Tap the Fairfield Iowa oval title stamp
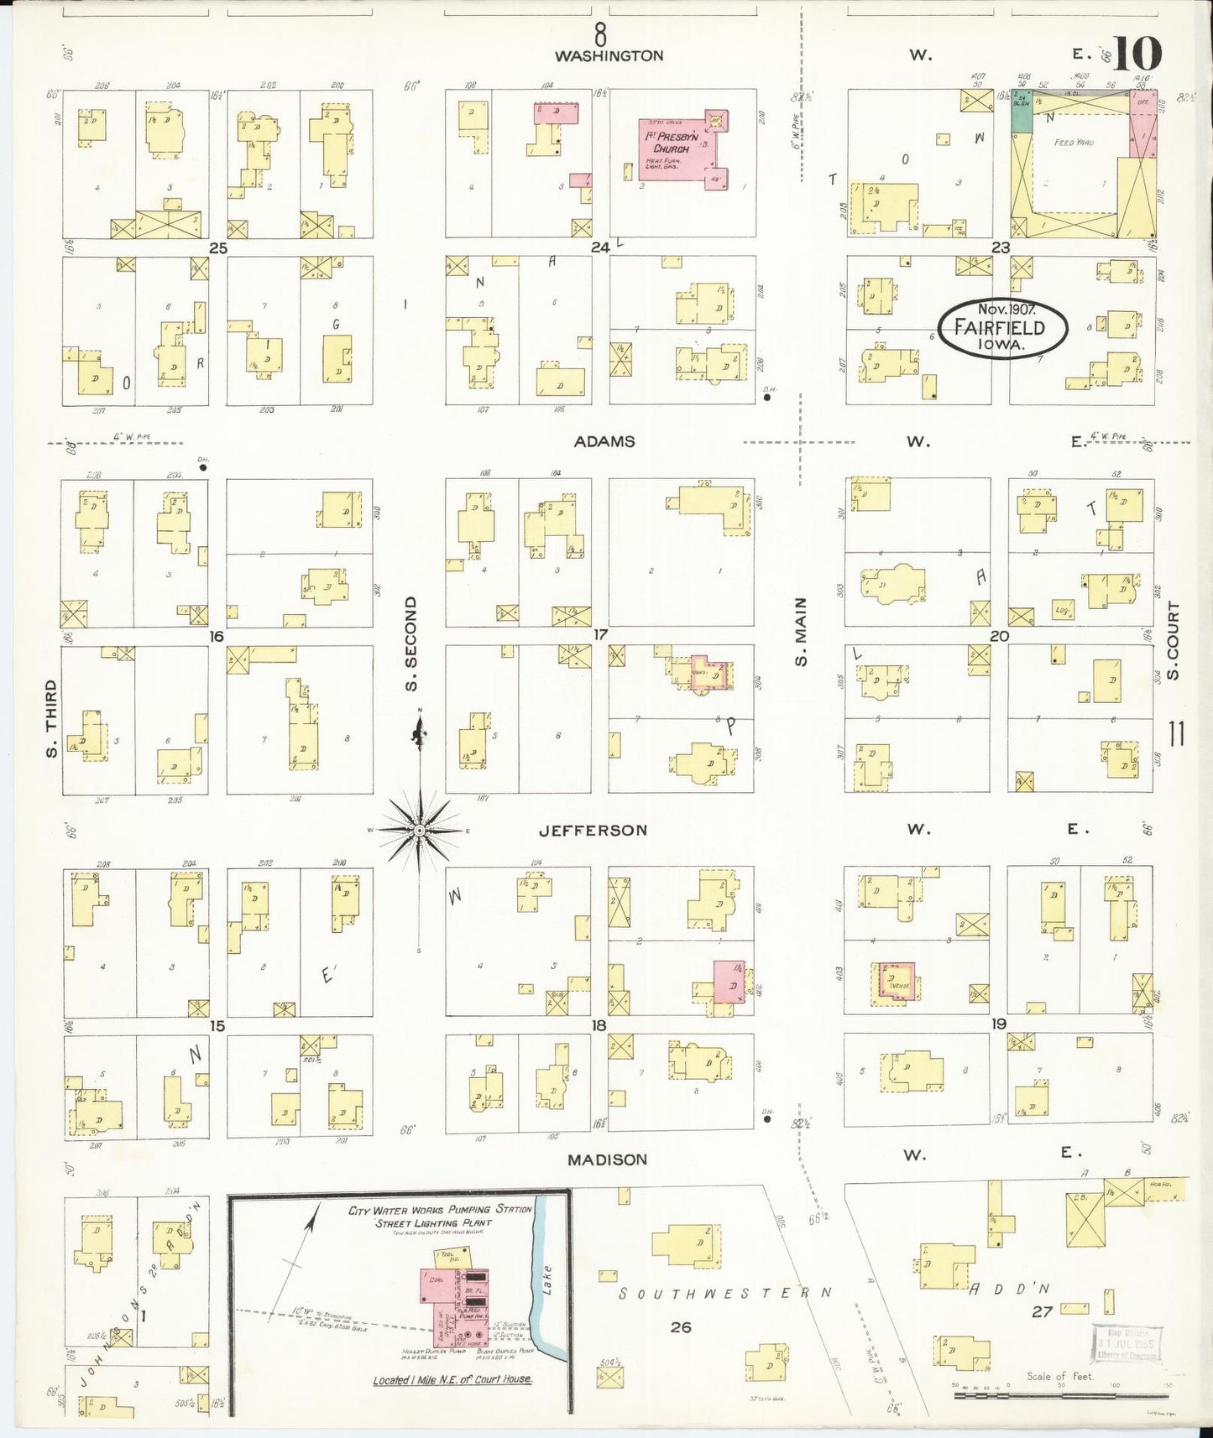tap(1002, 328)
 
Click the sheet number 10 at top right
tap(1139, 55)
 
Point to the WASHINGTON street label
tap(609, 55)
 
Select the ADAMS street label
tap(604, 441)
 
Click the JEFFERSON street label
tap(593, 831)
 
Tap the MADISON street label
tap(607, 1159)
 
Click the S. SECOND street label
tap(410, 644)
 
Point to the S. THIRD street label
tap(52, 718)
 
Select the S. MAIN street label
tap(801, 631)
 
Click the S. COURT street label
tap(1173, 640)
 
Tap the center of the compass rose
tap(419, 831)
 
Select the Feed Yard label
tap(1074, 143)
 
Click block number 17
tap(599, 635)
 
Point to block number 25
tap(218, 247)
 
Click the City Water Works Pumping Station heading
tap(441, 1209)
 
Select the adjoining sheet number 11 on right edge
tap(1176, 734)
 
